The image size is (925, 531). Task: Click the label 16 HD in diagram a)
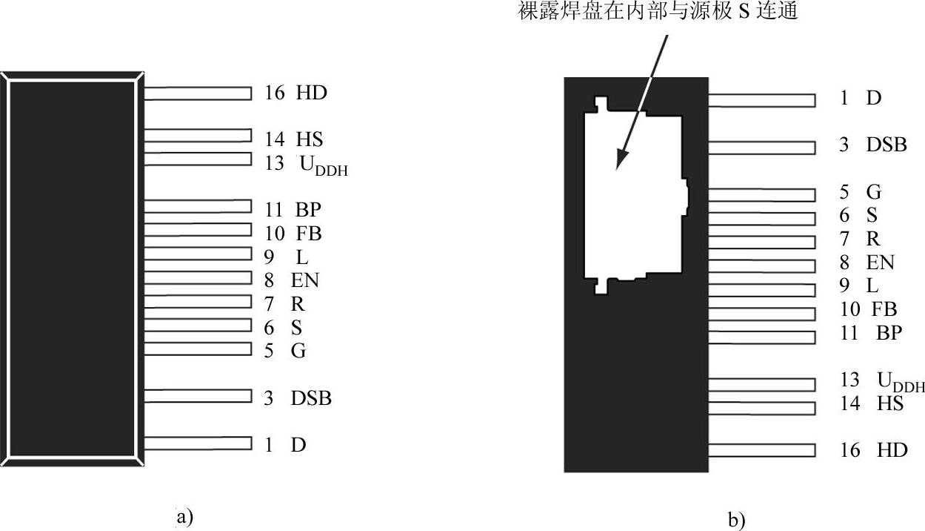[295, 93]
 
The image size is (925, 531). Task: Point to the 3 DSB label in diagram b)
[872, 145]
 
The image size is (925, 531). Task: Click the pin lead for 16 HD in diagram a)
[198, 93]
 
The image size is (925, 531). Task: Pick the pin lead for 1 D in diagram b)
[762, 100]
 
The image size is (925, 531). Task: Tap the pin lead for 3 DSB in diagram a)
[198, 397]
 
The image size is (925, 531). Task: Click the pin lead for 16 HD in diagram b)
[762, 450]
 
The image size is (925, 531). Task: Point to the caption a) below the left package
[184, 516]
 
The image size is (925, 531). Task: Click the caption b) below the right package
[737, 521]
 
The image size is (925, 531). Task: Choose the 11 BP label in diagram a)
[293, 208]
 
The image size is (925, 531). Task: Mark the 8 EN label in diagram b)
[866, 263]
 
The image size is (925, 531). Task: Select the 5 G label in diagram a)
[285, 351]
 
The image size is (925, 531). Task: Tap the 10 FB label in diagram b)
[868, 309]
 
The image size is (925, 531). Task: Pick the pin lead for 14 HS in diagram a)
[198, 136]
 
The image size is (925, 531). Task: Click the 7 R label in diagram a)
[285, 304]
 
